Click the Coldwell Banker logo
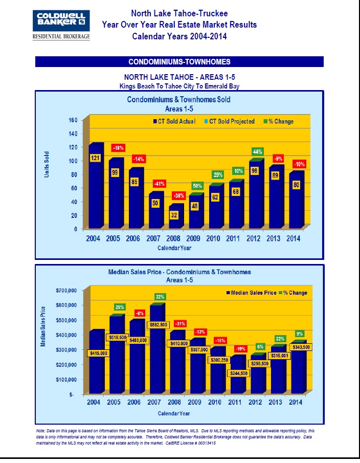click(x=61, y=24)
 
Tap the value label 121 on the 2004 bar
click(x=95, y=158)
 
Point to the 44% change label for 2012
click(x=258, y=151)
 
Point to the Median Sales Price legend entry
click(x=250, y=293)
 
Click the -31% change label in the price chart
click(x=180, y=324)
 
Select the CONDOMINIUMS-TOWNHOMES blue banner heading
click(x=179, y=62)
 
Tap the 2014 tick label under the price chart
click(x=295, y=403)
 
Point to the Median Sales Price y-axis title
click(x=43, y=326)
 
